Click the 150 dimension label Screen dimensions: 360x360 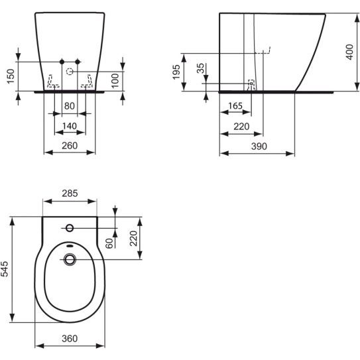click(x=11, y=76)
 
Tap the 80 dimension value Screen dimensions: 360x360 click(x=70, y=106)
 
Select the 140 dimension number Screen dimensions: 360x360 click(x=70, y=126)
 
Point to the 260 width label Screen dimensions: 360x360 click(x=70, y=146)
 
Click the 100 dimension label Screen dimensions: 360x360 click(x=115, y=81)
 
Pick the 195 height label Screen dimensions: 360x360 click(x=176, y=72)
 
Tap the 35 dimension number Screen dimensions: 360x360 click(x=200, y=68)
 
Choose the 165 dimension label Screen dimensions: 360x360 click(x=235, y=106)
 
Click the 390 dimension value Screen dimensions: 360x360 click(x=259, y=147)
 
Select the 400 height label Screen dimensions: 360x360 click(x=349, y=52)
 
